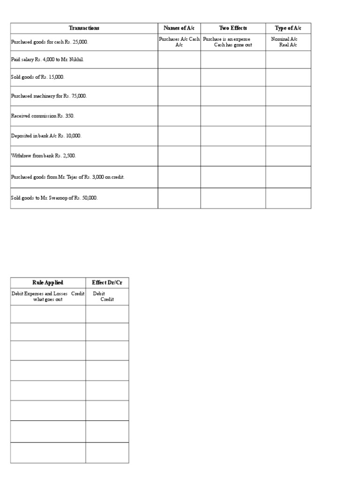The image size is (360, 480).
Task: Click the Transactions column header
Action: point(84,28)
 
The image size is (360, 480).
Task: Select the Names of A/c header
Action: point(179,28)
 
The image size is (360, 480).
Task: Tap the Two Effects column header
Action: point(233,28)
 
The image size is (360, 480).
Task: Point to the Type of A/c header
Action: point(288,28)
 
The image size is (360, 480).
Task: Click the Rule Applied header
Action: point(48,283)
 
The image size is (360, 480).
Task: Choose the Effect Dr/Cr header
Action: point(107,283)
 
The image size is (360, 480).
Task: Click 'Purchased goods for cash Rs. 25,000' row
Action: point(50,42)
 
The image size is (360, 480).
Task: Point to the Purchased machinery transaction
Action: point(49,96)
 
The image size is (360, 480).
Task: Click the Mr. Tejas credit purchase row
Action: point(67,177)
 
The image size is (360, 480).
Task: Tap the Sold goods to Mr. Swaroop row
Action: point(54,198)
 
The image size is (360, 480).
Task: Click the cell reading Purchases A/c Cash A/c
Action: point(179,42)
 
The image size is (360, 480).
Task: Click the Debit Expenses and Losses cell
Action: point(48,297)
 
